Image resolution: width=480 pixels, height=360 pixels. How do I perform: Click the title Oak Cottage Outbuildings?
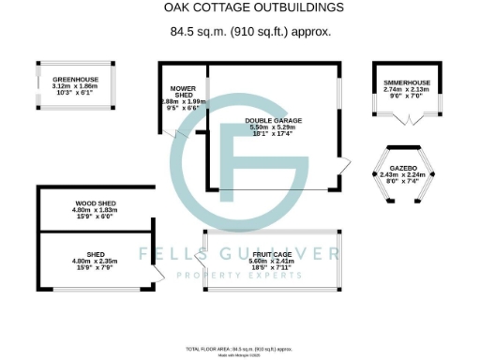240,7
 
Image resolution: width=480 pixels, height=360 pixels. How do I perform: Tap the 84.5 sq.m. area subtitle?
240,31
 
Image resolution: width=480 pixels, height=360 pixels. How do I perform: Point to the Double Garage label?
273,120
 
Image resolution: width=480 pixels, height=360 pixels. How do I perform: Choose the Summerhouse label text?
406,83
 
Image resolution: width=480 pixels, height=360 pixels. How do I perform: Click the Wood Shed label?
95,202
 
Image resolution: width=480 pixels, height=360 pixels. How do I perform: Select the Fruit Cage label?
273,253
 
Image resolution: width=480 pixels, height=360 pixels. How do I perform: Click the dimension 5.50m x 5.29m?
273,127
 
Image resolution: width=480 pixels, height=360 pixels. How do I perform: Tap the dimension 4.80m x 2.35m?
95,260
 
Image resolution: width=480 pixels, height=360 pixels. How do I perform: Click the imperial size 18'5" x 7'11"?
273,268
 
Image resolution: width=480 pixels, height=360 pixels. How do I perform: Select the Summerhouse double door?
408,119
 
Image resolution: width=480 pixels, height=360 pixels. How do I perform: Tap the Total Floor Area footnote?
239,346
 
